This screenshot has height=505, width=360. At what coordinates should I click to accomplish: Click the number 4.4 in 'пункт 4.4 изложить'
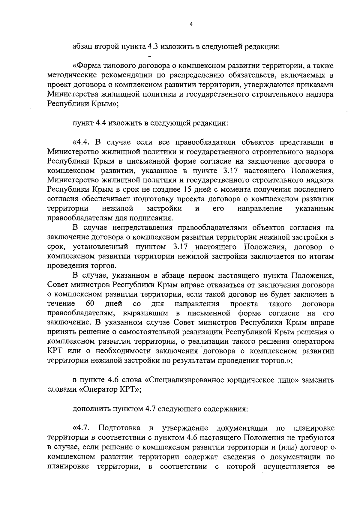pyautogui.click(x=99, y=123)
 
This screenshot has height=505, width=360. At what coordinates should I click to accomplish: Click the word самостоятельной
pyautogui.click(x=151, y=332)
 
